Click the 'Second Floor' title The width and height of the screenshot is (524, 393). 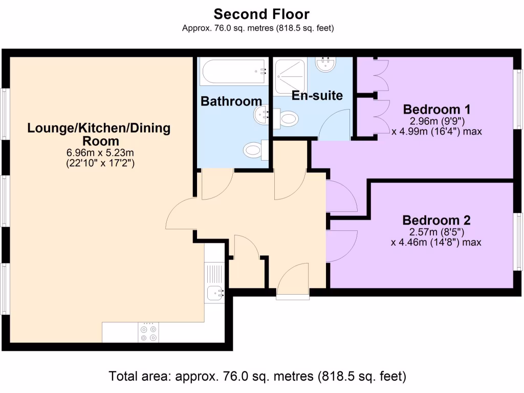[261, 14]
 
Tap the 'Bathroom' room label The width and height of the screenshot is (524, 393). [231, 101]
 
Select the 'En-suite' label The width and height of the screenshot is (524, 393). [317, 96]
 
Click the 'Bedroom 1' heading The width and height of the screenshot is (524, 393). [436, 110]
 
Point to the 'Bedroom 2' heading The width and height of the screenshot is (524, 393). [436, 220]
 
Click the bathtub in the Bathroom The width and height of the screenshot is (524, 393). [234, 71]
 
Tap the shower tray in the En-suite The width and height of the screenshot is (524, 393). [290, 77]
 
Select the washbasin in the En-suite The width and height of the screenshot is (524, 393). [326, 64]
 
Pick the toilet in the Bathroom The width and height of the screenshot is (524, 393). [256, 150]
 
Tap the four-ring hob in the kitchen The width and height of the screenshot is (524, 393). [148, 332]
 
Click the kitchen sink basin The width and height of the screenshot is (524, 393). [214, 293]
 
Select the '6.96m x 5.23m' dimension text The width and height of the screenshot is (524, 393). [100, 152]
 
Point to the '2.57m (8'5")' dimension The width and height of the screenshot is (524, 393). [437, 232]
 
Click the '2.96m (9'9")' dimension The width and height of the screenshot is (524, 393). [438, 121]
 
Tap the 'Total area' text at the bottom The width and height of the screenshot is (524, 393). [257, 376]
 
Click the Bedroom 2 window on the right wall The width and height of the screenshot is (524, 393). [518, 242]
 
